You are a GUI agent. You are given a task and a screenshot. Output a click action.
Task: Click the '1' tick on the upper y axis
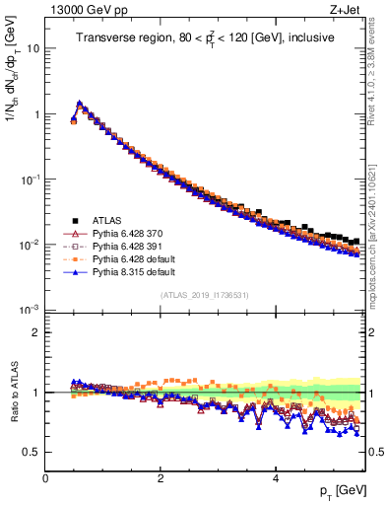point(35,114)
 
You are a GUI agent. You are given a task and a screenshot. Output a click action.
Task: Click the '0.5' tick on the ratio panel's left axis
point(31,452)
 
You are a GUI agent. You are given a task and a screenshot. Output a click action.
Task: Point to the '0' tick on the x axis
point(45,478)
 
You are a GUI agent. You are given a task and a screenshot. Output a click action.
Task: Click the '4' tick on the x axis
point(275,478)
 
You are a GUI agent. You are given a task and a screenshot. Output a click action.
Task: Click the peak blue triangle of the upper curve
point(80,103)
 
